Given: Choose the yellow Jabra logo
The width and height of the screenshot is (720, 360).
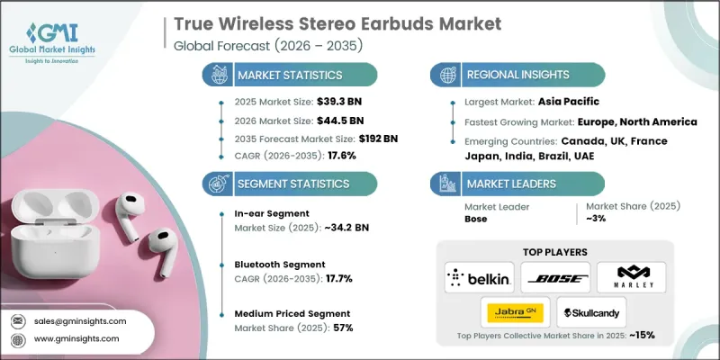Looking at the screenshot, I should (517, 311).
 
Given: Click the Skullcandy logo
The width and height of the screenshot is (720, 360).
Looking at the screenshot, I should (591, 311).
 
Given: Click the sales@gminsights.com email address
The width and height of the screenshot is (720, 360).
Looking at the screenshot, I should (85, 320).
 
